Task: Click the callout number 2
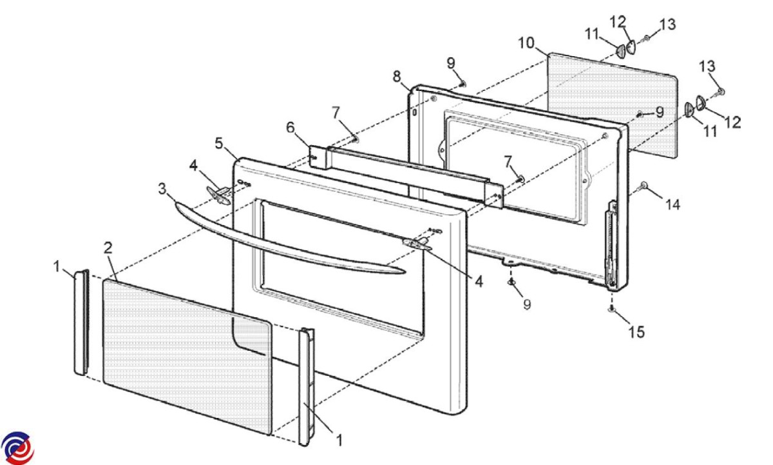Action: (108, 248)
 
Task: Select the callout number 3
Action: (162, 188)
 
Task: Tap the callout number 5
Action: (219, 143)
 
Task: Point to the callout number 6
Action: (291, 128)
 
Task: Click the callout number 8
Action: (397, 76)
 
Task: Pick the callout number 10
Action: (526, 43)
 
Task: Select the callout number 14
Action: (673, 205)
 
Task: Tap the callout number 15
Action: (636, 332)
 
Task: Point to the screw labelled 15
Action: (611, 309)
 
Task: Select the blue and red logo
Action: (17, 448)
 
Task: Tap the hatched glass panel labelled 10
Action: (613, 105)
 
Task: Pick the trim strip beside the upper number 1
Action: (82, 322)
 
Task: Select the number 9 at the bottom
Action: (527, 304)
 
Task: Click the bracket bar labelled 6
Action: (405, 176)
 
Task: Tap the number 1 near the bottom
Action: (339, 440)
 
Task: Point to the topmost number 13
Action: (667, 25)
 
